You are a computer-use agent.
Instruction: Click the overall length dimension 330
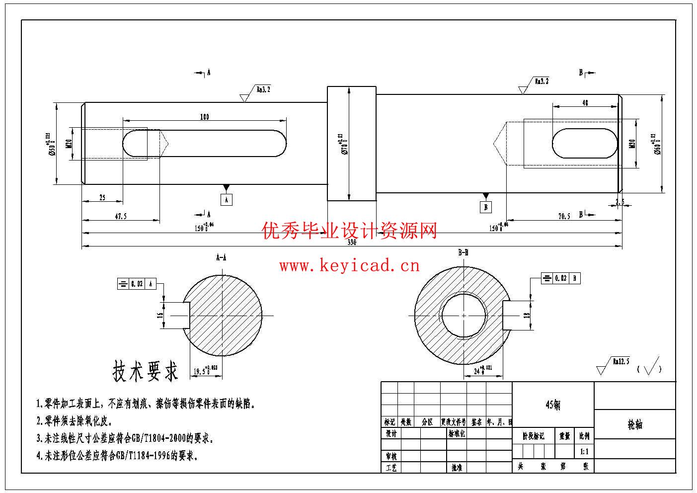pyautogui.click(x=352, y=243)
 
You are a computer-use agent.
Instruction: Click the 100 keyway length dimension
pyautogui.click(x=204, y=117)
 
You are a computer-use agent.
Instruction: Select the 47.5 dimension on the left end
pyautogui.click(x=120, y=216)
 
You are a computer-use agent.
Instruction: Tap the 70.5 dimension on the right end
pyautogui.click(x=564, y=216)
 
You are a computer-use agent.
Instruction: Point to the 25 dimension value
pyautogui.click(x=102, y=198)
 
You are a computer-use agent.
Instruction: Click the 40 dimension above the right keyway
pyautogui.click(x=585, y=103)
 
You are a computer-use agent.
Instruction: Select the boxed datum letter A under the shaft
pyautogui.click(x=227, y=200)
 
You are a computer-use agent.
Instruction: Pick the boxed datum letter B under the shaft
pyautogui.click(x=486, y=207)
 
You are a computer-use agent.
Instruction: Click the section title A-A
pyautogui.click(x=221, y=257)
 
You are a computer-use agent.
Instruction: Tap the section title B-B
pyautogui.click(x=463, y=253)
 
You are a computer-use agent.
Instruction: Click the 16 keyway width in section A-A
pyautogui.click(x=160, y=315)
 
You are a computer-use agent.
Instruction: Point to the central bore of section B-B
pyautogui.click(x=463, y=315)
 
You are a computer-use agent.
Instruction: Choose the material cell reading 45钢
pyautogui.click(x=553, y=405)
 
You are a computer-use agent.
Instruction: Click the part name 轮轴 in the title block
pyautogui.click(x=635, y=424)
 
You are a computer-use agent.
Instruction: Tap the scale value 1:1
pyautogui.click(x=584, y=452)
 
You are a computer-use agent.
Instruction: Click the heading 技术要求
pyautogui.click(x=145, y=371)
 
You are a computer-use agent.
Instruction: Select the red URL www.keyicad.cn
pyautogui.click(x=349, y=266)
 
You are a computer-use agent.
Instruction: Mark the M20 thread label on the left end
pyautogui.click(x=69, y=144)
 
